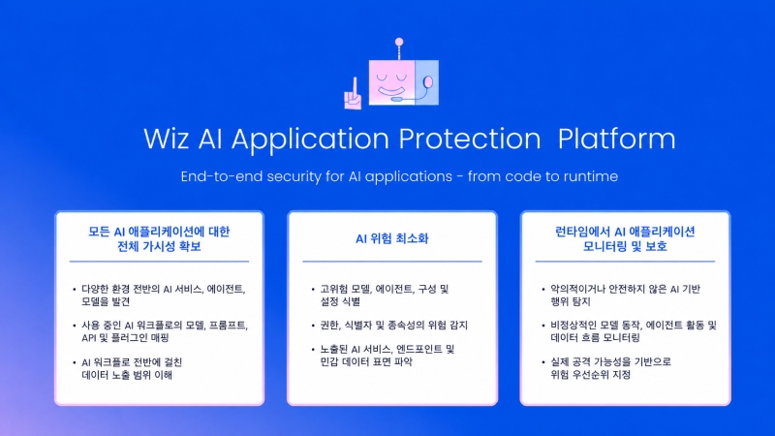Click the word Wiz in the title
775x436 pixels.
point(166,139)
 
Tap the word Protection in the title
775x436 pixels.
point(470,139)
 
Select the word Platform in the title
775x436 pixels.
point(616,139)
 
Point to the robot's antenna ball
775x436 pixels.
point(399,42)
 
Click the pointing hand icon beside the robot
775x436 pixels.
point(353,93)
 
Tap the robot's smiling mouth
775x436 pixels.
point(390,91)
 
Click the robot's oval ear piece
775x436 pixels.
point(428,82)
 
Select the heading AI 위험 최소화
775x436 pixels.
point(392,238)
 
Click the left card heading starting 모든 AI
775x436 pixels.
point(159,238)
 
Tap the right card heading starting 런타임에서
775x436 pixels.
point(625,238)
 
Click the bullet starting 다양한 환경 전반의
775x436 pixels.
point(163,296)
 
